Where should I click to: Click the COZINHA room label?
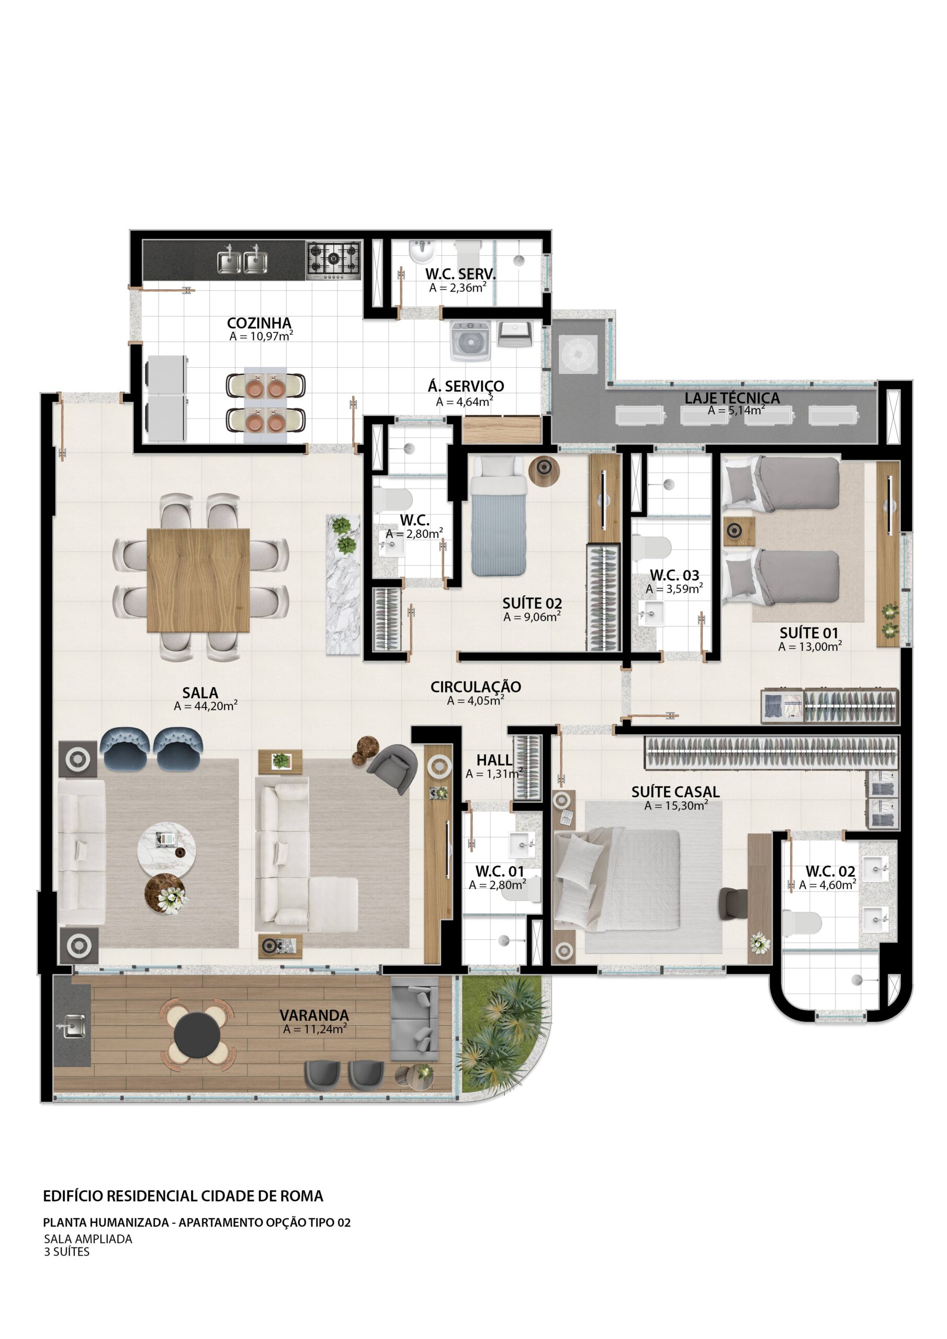(259, 323)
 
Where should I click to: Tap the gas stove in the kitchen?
(333, 260)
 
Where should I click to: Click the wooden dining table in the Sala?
(198, 580)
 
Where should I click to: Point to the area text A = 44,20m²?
(206, 706)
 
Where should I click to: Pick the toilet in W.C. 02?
(801, 923)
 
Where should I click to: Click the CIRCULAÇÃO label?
(476, 687)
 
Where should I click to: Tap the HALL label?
(494, 760)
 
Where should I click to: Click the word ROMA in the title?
(302, 1196)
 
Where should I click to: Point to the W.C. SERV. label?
(460, 274)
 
